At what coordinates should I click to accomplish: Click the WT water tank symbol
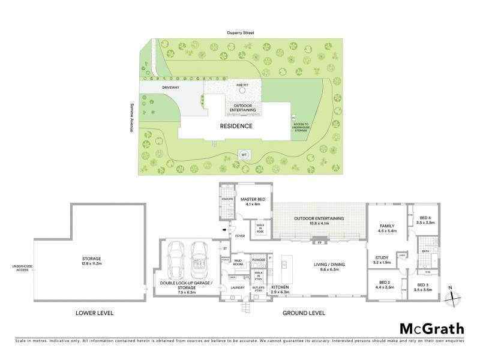[244, 154]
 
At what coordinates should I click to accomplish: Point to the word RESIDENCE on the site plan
[235, 126]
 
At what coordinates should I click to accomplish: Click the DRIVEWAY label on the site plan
[171, 88]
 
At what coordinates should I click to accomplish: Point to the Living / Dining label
[331, 263]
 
